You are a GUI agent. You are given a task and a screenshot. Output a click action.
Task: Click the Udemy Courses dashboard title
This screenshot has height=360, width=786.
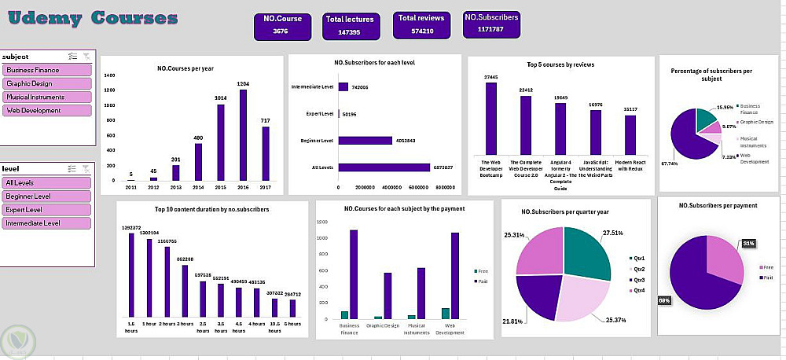tap(93, 17)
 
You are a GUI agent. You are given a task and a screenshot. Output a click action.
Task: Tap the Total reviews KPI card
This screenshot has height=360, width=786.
tap(421, 25)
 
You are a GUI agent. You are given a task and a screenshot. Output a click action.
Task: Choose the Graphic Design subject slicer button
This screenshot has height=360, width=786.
tap(46, 83)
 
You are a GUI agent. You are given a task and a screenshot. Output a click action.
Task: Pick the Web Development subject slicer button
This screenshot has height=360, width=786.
tap(46, 111)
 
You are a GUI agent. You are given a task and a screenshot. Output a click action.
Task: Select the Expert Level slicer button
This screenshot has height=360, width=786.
tap(46, 210)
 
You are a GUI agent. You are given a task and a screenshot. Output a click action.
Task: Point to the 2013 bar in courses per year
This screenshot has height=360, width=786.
tap(176, 173)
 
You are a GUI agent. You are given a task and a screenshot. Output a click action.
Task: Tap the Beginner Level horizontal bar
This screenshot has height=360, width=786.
tap(365, 141)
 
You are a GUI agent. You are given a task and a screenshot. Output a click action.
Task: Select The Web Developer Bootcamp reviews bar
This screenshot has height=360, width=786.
tap(491, 118)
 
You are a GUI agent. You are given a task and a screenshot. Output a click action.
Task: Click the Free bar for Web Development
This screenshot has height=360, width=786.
tap(446, 314)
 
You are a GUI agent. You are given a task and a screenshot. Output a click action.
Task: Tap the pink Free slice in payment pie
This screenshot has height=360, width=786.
tap(722, 255)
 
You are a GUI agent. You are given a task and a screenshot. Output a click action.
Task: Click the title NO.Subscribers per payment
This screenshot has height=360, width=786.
tap(718, 205)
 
